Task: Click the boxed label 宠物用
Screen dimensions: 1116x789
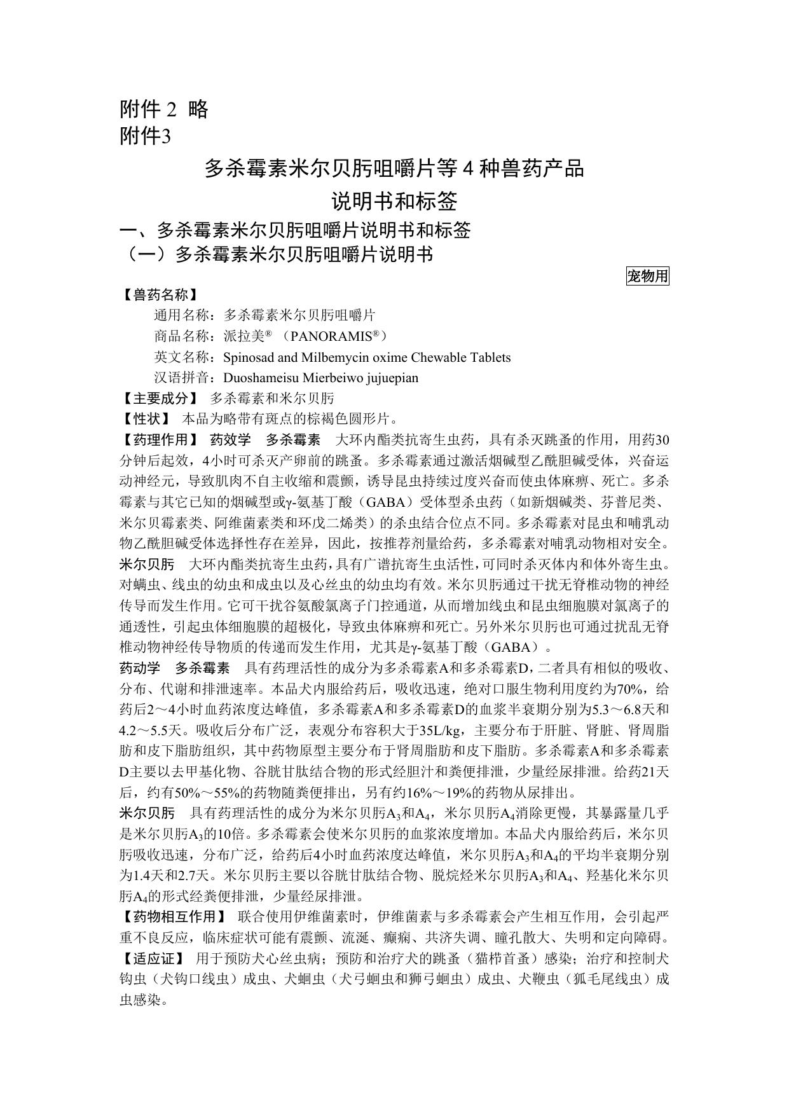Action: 647,276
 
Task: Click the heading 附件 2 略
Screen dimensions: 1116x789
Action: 164,110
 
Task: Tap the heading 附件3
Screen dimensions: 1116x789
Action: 146,137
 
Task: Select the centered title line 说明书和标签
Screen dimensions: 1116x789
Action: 394,202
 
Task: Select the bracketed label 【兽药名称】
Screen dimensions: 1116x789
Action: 159,295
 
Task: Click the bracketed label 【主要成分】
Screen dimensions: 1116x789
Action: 159,399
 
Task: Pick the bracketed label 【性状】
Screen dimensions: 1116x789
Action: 146,419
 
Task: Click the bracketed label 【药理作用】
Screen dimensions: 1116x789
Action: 159,440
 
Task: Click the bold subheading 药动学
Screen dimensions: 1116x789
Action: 140,668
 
